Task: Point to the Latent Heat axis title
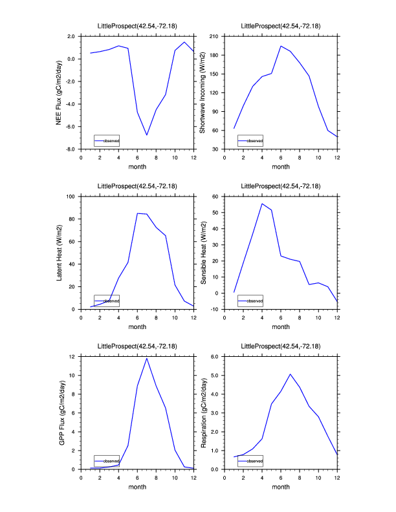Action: pyautogui.click(x=59, y=252)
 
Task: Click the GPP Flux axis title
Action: pyautogui.click(x=59, y=412)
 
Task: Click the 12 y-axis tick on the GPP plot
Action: pyautogui.click(x=74, y=356)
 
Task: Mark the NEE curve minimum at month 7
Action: pyautogui.click(x=147, y=135)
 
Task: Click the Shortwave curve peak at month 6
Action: pyautogui.click(x=281, y=46)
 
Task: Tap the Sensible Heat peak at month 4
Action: pyautogui.click(x=262, y=204)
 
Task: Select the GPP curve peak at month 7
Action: pyautogui.click(x=147, y=358)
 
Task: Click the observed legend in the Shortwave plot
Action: pyautogui.click(x=250, y=140)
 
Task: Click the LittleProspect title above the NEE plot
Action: pyautogui.click(x=137, y=27)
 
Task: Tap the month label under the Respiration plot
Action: pyautogui.click(x=281, y=487)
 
